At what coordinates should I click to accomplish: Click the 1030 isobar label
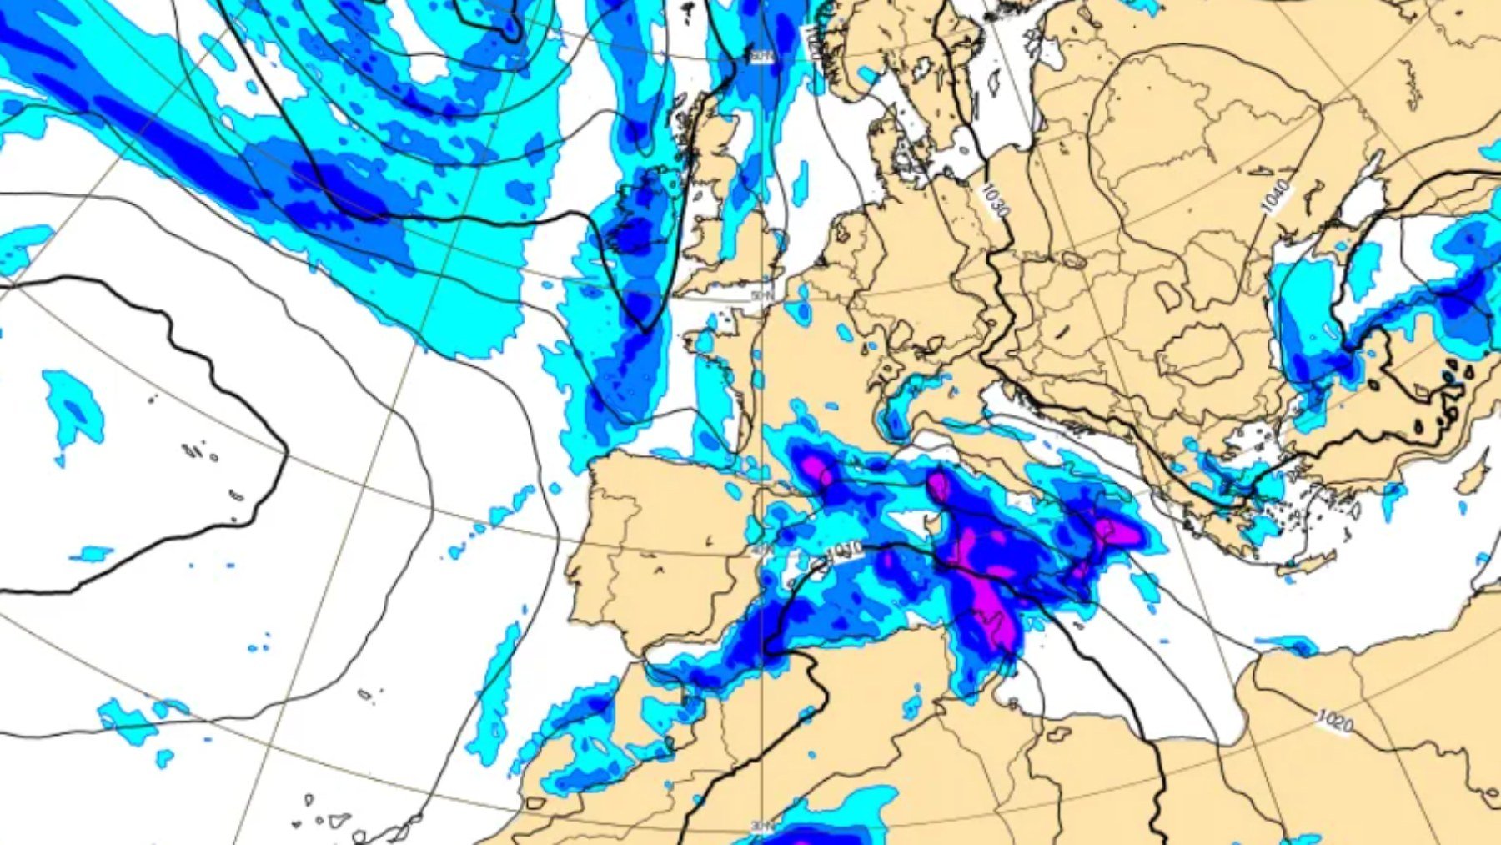(x=993, y=199)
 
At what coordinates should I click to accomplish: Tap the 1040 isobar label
(x=1275, y=196)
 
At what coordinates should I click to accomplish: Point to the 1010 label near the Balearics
(x=844, y=551)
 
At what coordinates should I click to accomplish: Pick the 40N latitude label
(x=761, y=551)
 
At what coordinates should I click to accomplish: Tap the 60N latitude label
(x=761, y=57)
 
